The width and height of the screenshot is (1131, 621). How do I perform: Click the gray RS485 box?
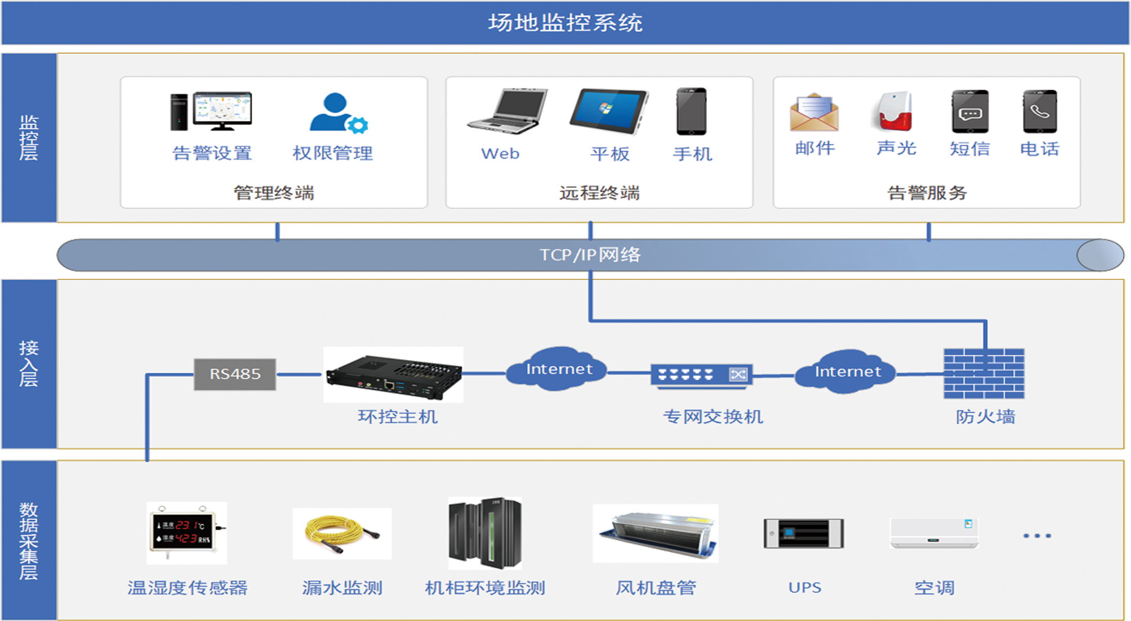235,374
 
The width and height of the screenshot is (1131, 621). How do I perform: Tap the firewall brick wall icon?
984,373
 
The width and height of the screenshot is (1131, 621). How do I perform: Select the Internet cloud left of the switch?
558,369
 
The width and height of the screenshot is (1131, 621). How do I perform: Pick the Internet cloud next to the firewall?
847,372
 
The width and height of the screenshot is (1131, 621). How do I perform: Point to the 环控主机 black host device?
393,376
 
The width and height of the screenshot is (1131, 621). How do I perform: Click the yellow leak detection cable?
342,534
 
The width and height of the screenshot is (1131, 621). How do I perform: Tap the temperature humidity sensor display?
186,532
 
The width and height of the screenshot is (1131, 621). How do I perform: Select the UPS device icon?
803,534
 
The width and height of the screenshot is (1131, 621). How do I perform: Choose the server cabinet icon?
485,534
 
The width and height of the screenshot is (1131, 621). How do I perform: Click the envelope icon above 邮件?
814,113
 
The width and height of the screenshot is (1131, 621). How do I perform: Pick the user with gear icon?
338,113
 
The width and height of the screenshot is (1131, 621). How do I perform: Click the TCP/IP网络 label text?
590,255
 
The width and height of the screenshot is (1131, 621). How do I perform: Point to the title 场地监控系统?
565,23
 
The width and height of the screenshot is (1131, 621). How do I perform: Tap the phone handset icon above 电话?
1039,112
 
